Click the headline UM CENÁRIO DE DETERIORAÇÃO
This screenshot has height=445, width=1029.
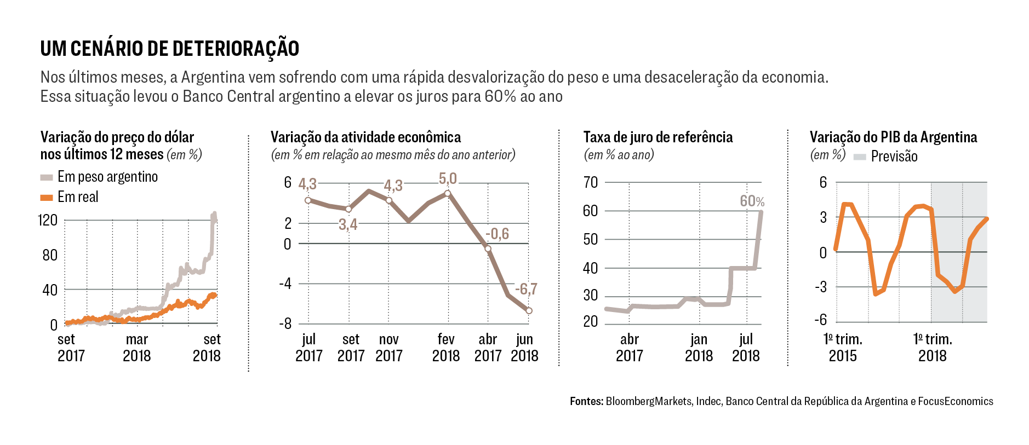pyautogui.click(x=170, y=49)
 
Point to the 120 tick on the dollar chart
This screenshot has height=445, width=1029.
pyautogui.click(x=48, y=220)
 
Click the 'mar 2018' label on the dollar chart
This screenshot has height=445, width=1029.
pyautogui.click(x=136, y=348)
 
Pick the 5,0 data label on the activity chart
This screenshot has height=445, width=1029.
pyautogui.click(x=448, y=178)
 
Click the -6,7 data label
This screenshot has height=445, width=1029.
pyautogui.click(x=526, y=288)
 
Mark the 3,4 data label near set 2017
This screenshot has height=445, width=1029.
pyautogui.click(x=348, y=224)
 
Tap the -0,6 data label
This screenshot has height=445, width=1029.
pyautogui.click(x=497, y=234)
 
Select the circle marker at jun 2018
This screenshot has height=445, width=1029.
pyautogui.click(x=529, y=311)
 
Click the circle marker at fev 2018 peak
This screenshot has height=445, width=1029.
pyautogui.click(x=448, y=194)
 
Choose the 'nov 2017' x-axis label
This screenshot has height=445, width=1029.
pyautogui.click(x=389, y=348)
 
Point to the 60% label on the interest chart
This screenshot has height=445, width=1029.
pyautogui.click(x=752, y=201)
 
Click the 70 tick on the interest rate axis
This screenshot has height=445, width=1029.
pyautogui.click(x=591, y=182)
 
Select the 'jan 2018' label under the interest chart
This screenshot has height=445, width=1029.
pyautogui.click(x=699, y=348)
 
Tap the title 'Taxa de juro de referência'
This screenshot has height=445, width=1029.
pyautogui.click(x=658, y=137)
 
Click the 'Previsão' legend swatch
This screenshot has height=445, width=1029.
pyautogui.click(x=860, y=157)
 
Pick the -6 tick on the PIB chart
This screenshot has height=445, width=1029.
pyautogui.click(x=820, y=320)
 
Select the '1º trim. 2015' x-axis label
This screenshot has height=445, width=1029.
pyautogui.click(x=843, y=348)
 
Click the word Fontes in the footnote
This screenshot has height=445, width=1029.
pyautogui.click(x=586, y=401)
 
